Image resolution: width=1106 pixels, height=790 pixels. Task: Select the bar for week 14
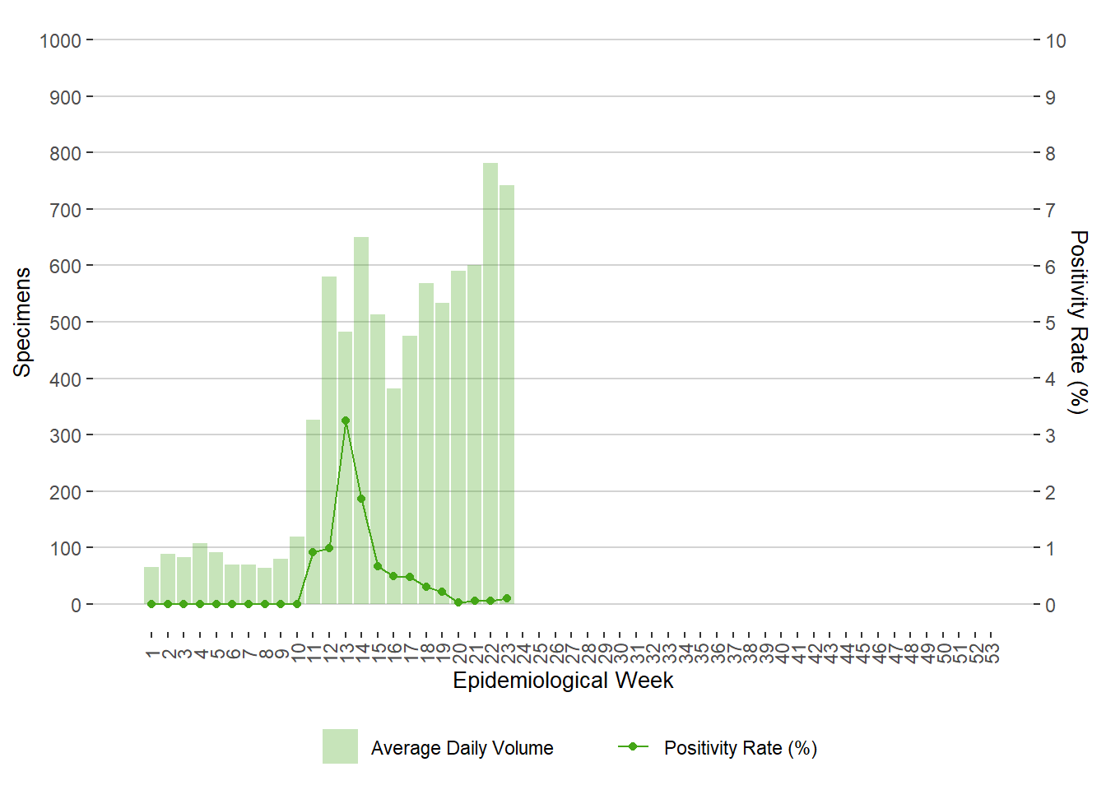click(361, 421)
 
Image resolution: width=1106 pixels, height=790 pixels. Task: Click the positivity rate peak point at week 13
click(346, 421)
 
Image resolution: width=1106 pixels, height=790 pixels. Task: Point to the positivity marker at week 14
click(361, 499)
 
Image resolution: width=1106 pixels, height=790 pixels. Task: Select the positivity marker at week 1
click(151, 604)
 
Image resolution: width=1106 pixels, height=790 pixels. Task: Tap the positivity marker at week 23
click(507, 598)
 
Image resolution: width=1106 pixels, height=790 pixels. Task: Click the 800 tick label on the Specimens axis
click(66, 154)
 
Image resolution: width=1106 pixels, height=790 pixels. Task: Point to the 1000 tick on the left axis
click(61, 41)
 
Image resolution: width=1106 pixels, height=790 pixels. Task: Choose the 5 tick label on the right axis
click(1050, 323)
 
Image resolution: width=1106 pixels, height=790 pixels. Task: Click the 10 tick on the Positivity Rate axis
click(1055, 41)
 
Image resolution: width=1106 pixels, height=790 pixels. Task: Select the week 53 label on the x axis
click(992, 653)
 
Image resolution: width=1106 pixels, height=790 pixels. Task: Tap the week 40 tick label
click(782, 653)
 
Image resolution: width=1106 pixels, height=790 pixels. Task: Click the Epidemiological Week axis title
click(563, 681)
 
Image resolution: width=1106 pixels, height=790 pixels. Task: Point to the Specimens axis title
click(22, 322)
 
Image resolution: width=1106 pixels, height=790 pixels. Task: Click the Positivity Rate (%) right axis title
click(1078, 322)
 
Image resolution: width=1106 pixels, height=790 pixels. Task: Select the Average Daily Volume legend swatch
click(340, 746)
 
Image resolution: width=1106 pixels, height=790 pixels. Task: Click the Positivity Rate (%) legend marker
click(633, 746)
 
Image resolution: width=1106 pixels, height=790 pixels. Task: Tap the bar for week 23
click(507, 395)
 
